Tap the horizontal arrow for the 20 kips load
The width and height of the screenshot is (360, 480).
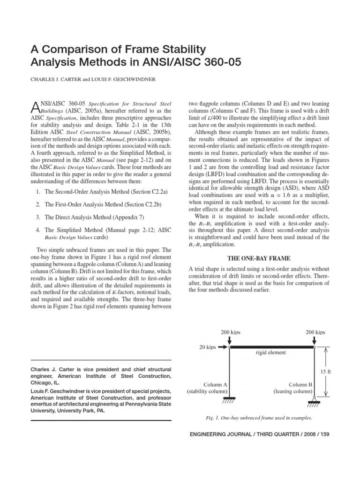pyautogui.click(x=223, y=347)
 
